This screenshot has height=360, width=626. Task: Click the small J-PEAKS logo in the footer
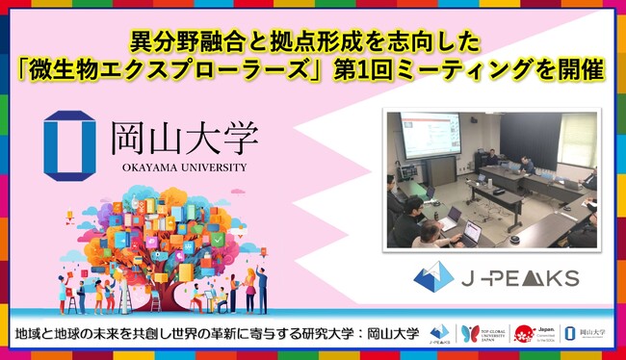click(441, 334)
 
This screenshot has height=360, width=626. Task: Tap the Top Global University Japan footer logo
click(484, 334)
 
